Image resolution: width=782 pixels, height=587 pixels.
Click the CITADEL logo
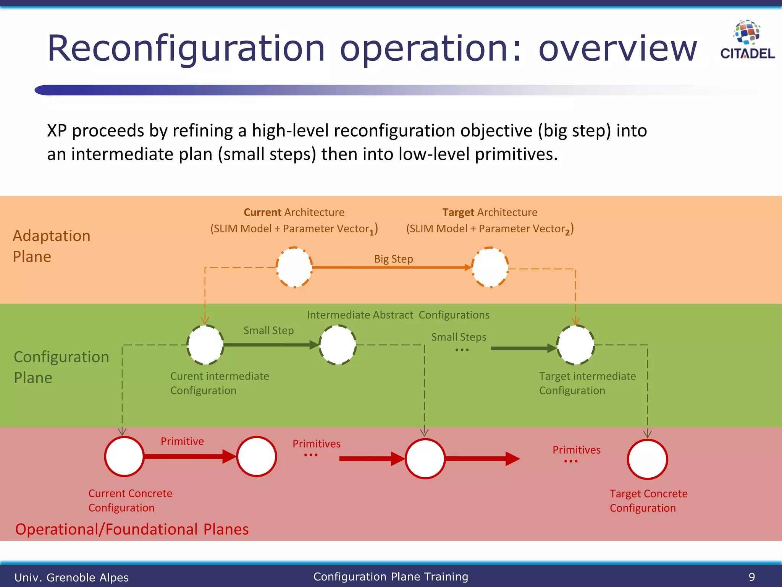(x=747, y=40)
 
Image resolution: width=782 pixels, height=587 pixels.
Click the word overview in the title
(x=617, y=49)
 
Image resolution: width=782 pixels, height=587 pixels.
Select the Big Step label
(x=393, y=259)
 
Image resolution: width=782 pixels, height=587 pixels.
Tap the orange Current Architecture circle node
(x=294, y=267)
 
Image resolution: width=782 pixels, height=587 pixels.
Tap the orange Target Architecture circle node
(x=490, y=267)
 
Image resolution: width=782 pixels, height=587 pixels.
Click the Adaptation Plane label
(x=51, y=246)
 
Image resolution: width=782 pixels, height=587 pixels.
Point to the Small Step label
(x=268, y=330)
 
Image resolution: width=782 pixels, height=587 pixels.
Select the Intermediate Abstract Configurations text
(x=398, y=315)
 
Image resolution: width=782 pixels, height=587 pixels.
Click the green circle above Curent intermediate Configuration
(x=205, y=345)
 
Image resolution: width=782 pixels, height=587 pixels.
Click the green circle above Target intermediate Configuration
(x=575, y=345)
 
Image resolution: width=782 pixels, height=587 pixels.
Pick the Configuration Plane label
(x=61, y=367)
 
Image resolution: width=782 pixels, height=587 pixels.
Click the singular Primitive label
(x=182, y=441)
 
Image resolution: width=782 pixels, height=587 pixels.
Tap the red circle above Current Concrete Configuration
(x=124, y=456)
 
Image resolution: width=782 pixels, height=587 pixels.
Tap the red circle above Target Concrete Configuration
(x=647, y=459)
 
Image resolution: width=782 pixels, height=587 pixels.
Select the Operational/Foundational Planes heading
(x=132, y=529)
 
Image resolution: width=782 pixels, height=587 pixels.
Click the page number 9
(x=751, y=577)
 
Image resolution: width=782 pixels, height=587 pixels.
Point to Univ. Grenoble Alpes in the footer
(x=71, y=577)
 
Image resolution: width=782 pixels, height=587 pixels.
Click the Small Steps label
(x=459, y=337)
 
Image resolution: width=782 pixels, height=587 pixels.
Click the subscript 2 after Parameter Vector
(x=567, y=232)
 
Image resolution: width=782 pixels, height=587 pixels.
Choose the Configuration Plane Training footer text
(x=391, y=576)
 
